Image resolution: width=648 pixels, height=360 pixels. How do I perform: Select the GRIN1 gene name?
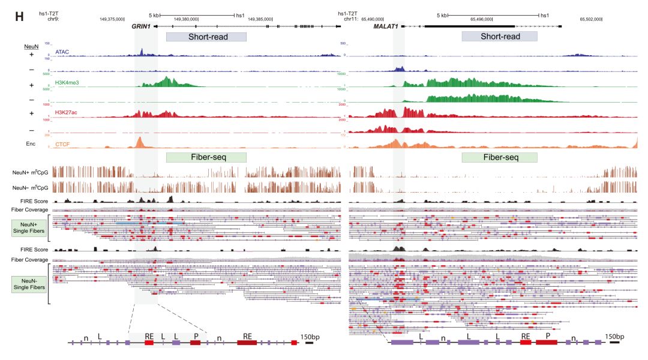pos(141,26)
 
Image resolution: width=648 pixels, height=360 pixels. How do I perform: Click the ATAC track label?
pos(62,52)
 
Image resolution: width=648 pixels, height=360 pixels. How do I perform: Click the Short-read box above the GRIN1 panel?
pos(206,37)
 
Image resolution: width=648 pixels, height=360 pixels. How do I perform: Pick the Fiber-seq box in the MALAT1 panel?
pos(499,157)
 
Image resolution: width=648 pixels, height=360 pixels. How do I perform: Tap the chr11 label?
pos(350,19)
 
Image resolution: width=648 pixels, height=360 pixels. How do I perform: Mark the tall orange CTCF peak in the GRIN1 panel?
pos(139,142)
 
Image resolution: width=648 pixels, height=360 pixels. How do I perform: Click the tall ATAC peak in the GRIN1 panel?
pos(140,52)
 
